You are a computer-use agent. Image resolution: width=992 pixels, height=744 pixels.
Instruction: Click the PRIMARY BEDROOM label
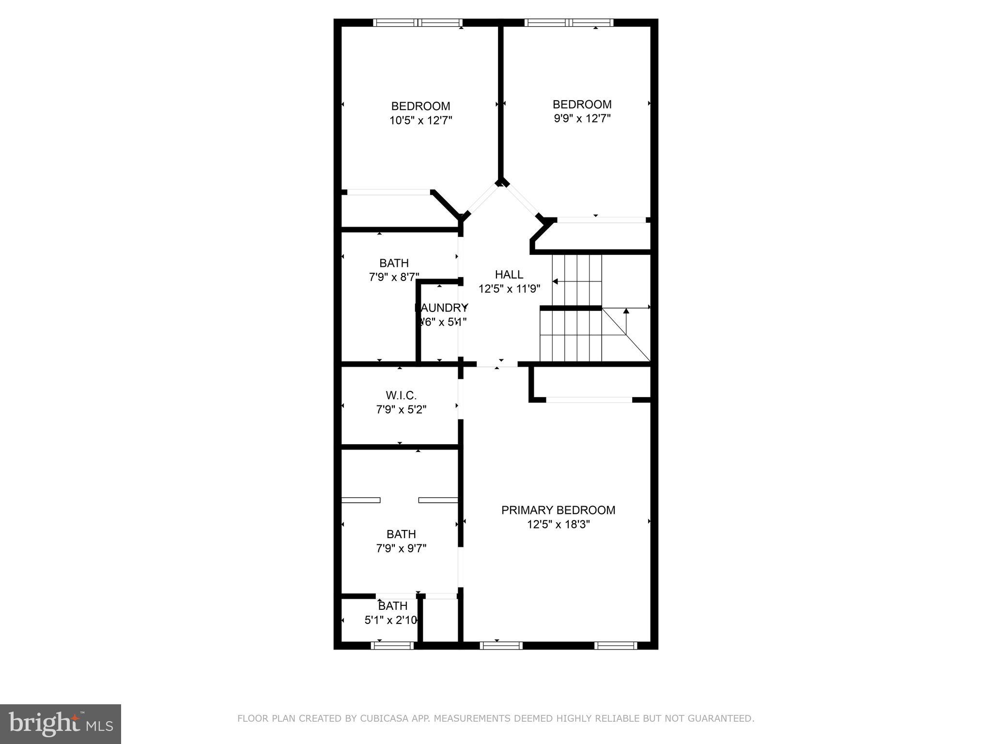558,510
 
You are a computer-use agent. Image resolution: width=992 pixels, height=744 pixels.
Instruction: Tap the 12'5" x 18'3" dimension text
558,524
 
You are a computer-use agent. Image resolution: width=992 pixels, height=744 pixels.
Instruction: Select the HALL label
509,275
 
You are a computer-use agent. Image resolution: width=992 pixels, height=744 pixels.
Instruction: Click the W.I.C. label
401,395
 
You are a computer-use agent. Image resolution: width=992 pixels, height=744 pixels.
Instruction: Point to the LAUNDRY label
441,308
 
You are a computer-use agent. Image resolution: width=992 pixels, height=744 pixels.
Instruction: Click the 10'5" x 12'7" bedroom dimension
420,120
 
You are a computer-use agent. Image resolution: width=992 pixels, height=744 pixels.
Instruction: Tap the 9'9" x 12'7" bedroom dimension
582,118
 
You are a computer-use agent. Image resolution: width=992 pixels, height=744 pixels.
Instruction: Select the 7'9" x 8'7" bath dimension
393,277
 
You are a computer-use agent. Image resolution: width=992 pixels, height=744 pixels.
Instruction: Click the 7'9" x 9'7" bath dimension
401,548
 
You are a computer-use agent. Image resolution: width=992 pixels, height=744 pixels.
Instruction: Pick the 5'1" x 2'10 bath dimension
390,620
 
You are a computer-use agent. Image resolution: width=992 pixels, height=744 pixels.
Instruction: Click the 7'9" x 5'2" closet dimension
401,410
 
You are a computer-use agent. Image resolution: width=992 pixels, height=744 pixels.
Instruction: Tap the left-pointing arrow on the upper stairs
555,281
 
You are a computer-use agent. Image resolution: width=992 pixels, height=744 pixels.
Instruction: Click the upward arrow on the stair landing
626,311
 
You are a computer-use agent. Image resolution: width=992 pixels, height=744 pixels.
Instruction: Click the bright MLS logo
61,724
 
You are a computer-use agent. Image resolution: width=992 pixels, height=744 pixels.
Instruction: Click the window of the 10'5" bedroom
418,22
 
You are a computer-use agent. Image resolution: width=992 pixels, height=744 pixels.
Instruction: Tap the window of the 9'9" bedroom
569,22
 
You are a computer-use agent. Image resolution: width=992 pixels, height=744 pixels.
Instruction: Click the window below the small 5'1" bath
392,645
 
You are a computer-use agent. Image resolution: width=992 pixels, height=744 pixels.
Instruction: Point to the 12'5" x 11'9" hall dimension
509,289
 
